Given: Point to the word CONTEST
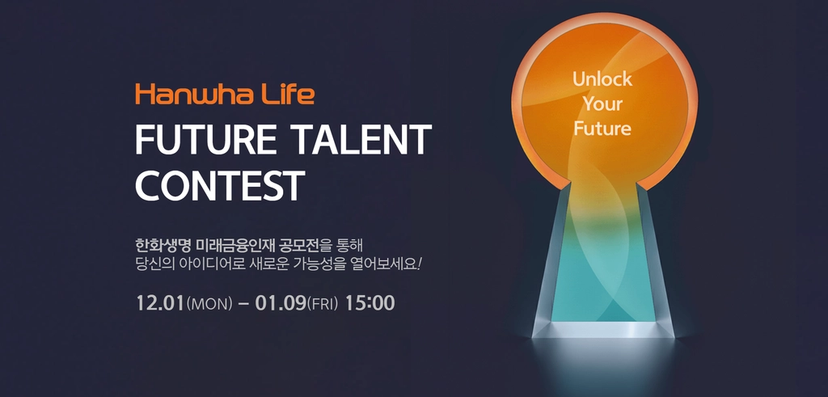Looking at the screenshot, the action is pyautogui.click(x=220, y=186).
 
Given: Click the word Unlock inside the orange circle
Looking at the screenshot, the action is pyautogui.click(x=602, y=80).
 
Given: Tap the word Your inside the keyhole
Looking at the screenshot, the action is pyautogui.click(x=602, y=104).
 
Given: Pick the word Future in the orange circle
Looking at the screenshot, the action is pyautogui.click(x=602, y=129).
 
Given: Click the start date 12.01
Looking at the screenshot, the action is pyautogui.click(x=161, y=303).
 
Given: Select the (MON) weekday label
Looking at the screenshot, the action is pyautogui.click(x=209, y=304).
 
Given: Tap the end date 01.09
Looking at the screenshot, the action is pyautogui.click(x=281, y=303).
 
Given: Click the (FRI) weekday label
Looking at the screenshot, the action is pyautogui.click(x=322, y=304).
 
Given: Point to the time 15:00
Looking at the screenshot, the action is pyautogui.click(x=370, y=303).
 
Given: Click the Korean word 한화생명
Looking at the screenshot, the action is pyautogui.click(x=163, y=246).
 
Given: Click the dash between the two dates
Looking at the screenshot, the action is pyautogui.click(x=243, y=304).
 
